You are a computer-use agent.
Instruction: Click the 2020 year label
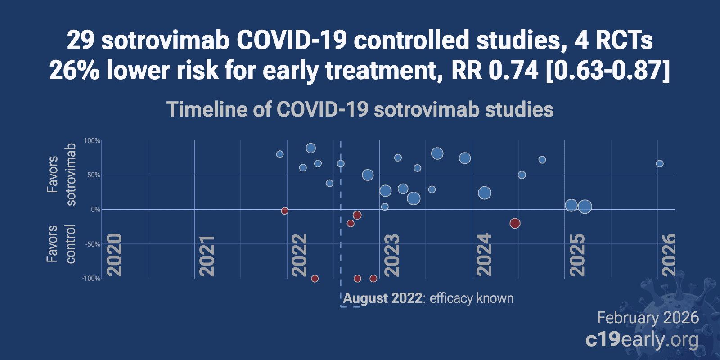click(x=114, y=255)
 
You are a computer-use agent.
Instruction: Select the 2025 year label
click(x=577, y=255)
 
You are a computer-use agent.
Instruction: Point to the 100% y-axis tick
click(x=92, y=141)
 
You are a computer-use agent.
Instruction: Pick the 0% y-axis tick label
click(x=95, y=210)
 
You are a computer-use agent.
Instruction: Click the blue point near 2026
click(x=660, y=164)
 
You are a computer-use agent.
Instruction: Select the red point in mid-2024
click(x=515, y=223)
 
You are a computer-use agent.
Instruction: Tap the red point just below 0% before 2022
click(x=284, y=211)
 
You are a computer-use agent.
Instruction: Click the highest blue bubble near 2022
click(x=310, y=148)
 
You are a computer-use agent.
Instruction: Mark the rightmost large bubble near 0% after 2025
click(x=585, y=207)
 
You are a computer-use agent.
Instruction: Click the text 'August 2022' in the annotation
click(x=382, y=298)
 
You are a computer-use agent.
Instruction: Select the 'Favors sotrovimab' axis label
click(x=62, y=175)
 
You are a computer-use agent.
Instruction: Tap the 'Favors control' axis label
click(x=62, y=243)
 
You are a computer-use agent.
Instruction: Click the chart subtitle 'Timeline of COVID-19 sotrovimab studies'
click(x=360, y=109)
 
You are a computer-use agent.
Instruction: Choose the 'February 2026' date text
click(x=648, y=318)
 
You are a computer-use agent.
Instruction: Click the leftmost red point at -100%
click(x=315, y=279)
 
